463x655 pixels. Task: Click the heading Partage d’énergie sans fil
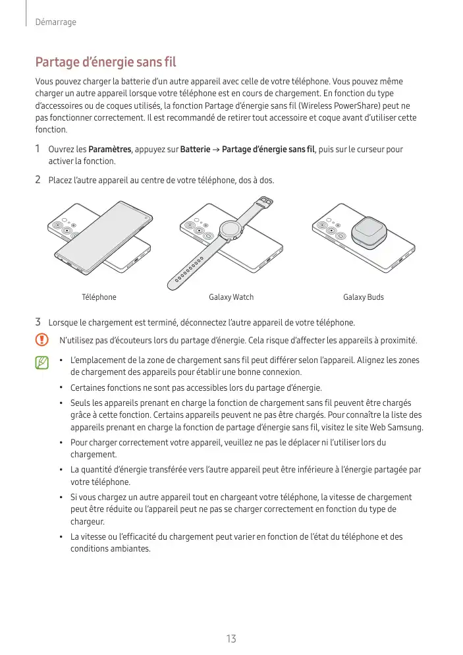point(105,63)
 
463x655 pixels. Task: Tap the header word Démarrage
point(56,22)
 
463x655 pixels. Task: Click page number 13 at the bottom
point(231,639)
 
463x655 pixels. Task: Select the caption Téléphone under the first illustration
point(99,297)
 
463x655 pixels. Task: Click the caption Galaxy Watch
point(231,297)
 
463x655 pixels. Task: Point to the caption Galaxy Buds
point(364,297)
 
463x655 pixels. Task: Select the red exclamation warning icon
point(42,340)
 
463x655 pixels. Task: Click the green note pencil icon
point(42,362)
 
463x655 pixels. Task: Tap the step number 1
point(38,149)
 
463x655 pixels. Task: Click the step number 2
point(38,179)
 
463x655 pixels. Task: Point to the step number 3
point(38,322)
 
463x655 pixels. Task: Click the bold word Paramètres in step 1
point(110,150)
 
